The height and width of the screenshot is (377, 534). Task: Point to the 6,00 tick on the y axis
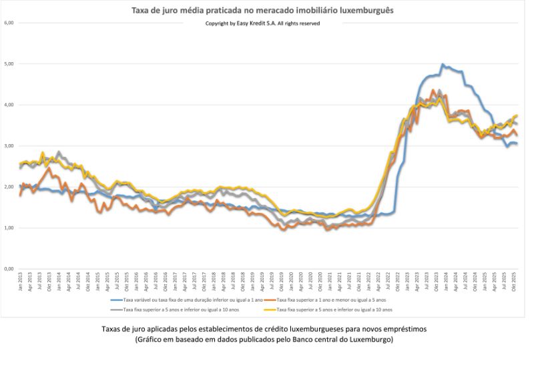pos(9,23)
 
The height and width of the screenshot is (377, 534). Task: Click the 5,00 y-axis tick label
pos(9,64)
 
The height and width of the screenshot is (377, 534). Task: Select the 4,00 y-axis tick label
pos(9,105)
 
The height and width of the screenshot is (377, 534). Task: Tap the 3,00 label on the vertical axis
pos(9,146)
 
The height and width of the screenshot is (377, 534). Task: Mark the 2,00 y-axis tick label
pos(9,187)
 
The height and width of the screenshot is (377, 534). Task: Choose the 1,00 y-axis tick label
pos(9,228)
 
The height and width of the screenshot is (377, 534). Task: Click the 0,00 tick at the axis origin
pos(9,269)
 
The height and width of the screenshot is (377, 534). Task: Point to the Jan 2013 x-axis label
pos(21,282)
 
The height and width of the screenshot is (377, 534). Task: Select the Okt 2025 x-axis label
pos(513,282)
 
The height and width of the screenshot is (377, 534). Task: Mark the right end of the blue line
pos(516,143)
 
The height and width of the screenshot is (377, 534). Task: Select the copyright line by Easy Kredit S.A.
pos(262,23)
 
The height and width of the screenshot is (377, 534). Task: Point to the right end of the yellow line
pos(517,116)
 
